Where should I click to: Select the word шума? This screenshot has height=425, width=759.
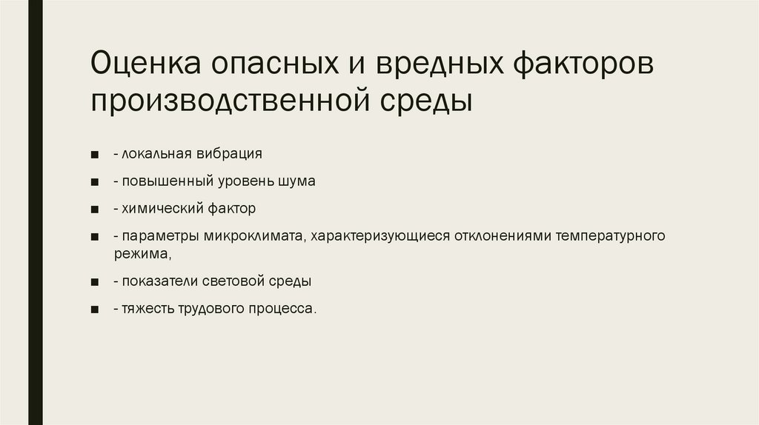pyautogui.click(x=299, y=181)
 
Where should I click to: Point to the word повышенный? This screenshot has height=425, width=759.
pyautogui.click(x=163, y=181)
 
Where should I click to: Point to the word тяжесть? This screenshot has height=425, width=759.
pyautogui.click(x=149, y=309)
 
